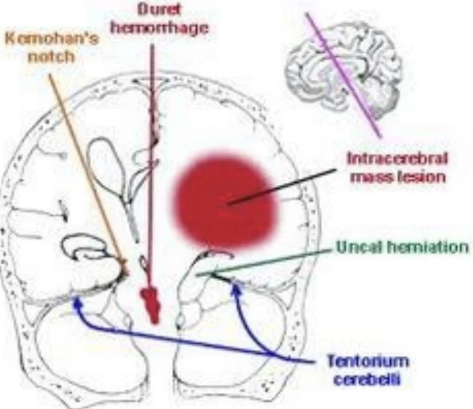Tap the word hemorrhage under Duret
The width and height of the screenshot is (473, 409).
click(x=159, y=28)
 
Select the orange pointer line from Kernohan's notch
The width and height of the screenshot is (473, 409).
click(x=86, y=168)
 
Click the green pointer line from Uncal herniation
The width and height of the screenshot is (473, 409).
click(x=264, y=263)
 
